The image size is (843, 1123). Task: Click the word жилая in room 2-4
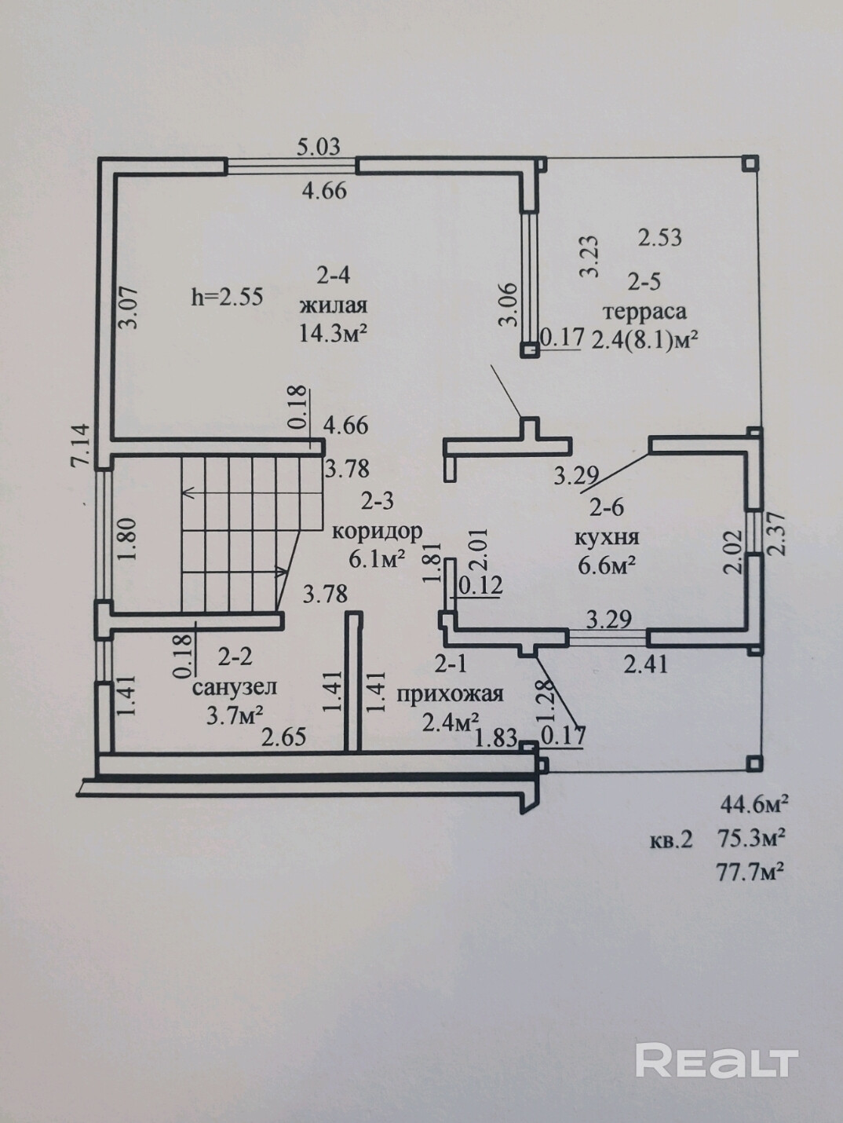coord(334,305)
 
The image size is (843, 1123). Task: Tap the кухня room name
coord(608,538)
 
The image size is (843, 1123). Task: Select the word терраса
coord(645,311)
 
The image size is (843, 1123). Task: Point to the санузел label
coord(235,687)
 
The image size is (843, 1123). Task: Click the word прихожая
coord(451,694)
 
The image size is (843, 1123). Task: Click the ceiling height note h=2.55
coord(227,297)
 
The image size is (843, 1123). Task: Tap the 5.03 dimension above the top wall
coord(319,148)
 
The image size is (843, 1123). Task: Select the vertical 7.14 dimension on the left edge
coord(81,444)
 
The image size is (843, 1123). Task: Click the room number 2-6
coord(607,508)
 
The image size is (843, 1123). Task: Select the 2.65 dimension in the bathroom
coord(283,737)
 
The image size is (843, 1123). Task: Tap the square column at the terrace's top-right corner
coord(750,163)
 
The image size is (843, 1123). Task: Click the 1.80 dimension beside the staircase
coord(128,540)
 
